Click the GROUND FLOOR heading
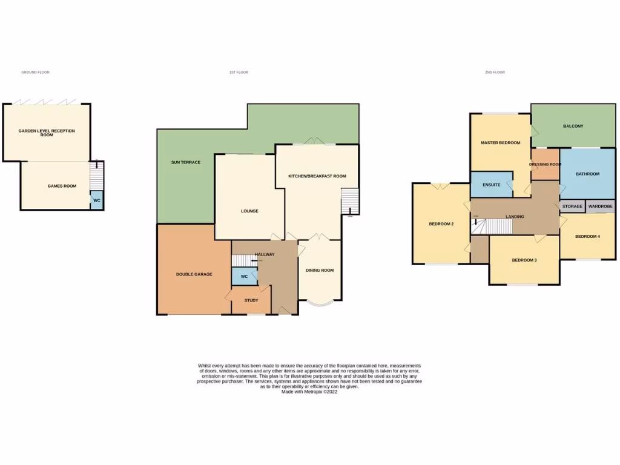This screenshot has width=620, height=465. coord(35,72)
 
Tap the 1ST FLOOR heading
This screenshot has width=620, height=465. coord(239,72)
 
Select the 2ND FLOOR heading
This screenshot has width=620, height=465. coord(495,72)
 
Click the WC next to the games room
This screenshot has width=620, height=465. coord(96,200)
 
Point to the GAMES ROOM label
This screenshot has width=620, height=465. coord(62,186)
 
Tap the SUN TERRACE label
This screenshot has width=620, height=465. coord(185,162)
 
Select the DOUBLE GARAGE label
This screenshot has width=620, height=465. coord(194,274)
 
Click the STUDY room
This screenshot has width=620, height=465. coord(251,300)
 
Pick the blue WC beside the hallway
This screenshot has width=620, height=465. coord(244,276)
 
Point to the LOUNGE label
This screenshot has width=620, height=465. coord(249,211)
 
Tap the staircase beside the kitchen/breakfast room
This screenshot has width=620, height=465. coord(350,202)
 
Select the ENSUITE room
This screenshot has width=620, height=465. coord(491,185)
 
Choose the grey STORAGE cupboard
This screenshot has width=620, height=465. coord(572,206)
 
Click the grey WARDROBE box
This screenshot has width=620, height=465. coord(600,206)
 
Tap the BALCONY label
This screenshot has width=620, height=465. coord(573,126)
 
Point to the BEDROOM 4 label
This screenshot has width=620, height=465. coord(587,236)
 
